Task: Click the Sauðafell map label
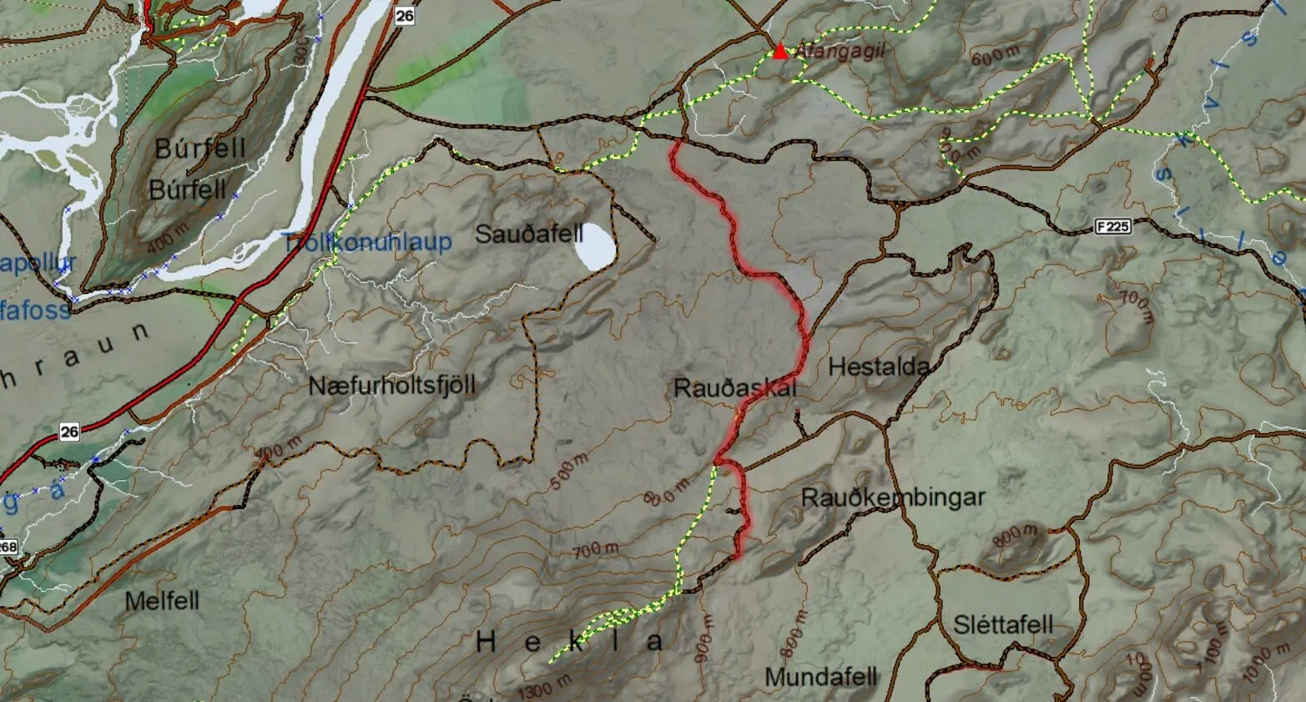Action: (528, 235)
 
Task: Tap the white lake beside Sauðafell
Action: (598, 245)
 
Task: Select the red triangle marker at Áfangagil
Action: (779, 52)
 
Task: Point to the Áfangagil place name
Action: (838, 51)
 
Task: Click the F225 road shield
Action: (1112, 226)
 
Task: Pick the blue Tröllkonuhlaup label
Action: (367, 244)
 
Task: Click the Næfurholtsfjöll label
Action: (391, 386)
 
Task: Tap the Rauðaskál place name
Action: (734, 388)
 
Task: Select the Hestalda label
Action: (879, 366)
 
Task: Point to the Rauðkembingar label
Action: (893, 497)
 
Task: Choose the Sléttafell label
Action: (1003, 624)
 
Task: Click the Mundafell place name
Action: (821, 676)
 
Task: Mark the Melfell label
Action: (162, 601)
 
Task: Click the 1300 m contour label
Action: (545, 688)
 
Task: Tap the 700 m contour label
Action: (596, 550)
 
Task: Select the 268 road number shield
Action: (8, 548)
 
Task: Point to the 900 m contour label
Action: (703, 639)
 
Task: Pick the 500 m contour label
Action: (569, 472)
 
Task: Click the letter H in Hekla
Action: (487, 642)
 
